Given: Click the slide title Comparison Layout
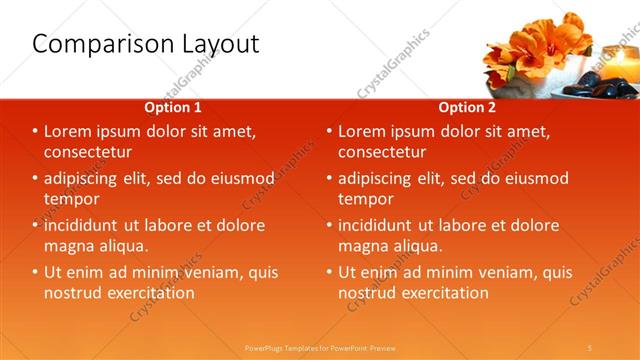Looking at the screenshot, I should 146,45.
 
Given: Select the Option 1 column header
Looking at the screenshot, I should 173,107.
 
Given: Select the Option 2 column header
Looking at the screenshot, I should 467,107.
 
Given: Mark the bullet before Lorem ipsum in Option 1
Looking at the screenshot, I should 35,131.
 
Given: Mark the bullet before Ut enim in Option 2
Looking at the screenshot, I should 329,272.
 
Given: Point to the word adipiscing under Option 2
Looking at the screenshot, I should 379,178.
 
